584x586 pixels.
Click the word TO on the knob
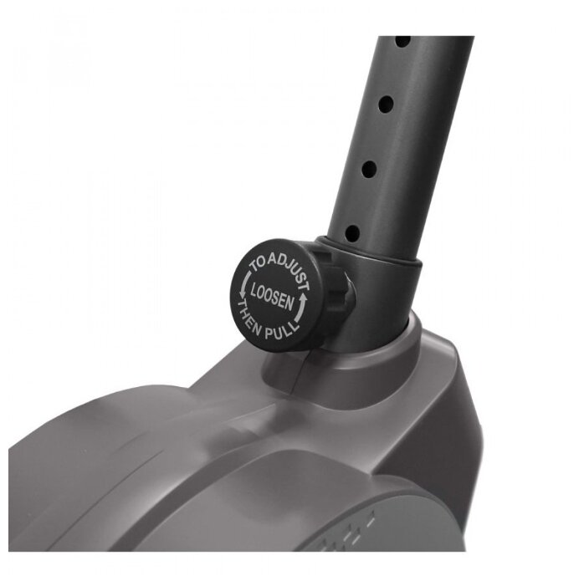[x=259, y=263]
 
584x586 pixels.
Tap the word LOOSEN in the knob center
[x=273, y=297]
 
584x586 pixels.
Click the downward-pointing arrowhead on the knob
[x=241, y=295]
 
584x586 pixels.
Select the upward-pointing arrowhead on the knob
[x=303, y=298]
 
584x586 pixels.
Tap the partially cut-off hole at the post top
[x=402, y=41]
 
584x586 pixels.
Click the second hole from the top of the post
[x=386, y=104]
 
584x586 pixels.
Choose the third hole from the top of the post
[x=369, y=170]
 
